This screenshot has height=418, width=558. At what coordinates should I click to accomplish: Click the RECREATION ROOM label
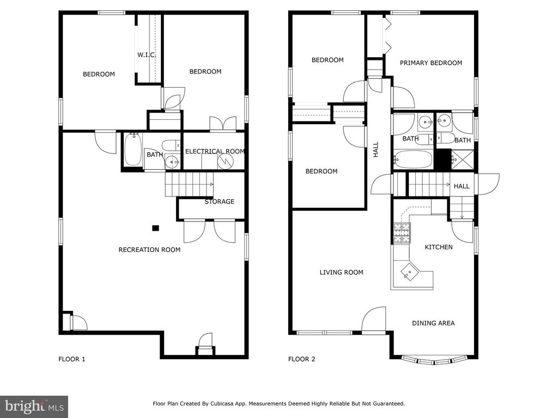[149, 250]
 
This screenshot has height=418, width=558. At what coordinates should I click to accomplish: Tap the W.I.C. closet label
[147, 55]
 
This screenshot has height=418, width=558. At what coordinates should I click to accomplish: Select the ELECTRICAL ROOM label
[215, 151]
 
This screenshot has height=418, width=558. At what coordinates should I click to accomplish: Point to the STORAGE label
[219, 201]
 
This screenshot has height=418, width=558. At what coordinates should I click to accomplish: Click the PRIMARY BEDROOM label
[431, 63]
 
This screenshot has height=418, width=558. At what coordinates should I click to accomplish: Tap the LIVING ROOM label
[341, 272]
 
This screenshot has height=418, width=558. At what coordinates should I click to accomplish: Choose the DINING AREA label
[433, 323]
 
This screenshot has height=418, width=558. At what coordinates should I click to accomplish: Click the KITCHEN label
[439, 247]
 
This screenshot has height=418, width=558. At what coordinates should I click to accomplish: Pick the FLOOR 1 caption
[72, 359]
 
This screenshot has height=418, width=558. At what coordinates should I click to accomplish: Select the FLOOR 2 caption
[302, 359]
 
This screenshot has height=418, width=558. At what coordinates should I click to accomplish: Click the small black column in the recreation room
[155, 228]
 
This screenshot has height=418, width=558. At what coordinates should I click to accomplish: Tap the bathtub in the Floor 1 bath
[133, 150]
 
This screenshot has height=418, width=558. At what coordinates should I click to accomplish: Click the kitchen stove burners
[402, 233]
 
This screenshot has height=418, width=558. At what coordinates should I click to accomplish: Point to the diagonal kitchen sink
[410, 272]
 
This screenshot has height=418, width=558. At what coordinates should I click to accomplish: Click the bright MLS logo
[34, 407]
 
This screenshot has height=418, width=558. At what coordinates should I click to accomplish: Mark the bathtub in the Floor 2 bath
[413, 159]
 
